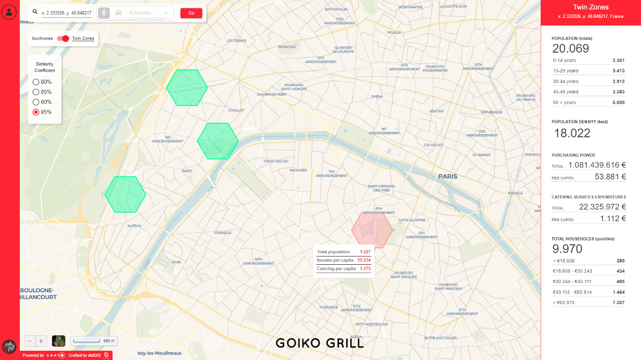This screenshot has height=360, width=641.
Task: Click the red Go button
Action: coord(191,13)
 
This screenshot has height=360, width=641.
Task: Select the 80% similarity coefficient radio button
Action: coord(36,82)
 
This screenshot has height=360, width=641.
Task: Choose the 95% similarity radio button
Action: coord(36,112)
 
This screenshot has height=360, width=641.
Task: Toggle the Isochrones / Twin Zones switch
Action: coord(63,38)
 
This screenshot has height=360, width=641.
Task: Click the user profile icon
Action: coord(9,12)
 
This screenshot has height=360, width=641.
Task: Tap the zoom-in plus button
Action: coord(41,341)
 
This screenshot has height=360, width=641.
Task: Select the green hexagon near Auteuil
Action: coord(125,194)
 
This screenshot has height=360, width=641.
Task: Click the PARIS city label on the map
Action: coord(448,176)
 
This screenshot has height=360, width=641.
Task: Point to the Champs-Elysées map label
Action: coord(271,94)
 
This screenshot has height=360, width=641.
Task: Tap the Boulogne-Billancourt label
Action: coord(38,294)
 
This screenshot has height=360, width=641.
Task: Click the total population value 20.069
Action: coord(570,49)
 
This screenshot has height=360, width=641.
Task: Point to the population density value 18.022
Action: coord(572,133)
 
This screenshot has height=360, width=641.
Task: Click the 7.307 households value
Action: coord(619,303)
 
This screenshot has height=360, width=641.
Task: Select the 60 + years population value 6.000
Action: coord(619,103)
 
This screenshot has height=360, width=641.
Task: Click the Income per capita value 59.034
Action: coord(364,260)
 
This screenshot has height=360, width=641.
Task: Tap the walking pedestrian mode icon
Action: coord(104,13)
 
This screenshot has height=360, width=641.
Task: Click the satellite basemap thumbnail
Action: coord(59,341)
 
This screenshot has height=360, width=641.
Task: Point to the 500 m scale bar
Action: coord(93,341)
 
